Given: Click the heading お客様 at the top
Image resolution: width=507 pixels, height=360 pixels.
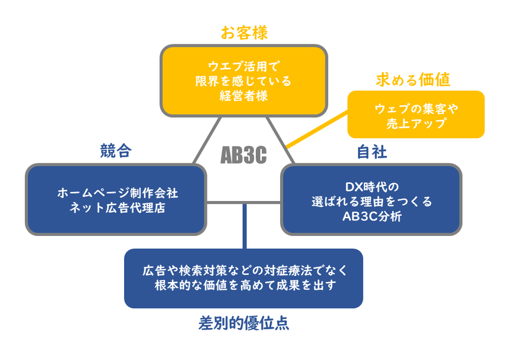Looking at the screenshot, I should [x=244, y=33].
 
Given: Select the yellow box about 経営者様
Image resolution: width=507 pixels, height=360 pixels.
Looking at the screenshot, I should [x=244, y=81].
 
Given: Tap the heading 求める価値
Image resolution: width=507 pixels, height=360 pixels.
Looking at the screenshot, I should [x=413, y=80].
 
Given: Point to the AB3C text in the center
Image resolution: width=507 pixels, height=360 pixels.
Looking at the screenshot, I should [x=243, y=155].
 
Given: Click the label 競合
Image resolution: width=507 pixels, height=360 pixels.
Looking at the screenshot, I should [x=115, y=151].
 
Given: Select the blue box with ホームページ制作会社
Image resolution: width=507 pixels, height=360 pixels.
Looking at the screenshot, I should [x=117, y=200].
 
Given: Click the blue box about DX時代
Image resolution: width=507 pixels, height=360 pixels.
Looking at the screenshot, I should [x=371, y=200].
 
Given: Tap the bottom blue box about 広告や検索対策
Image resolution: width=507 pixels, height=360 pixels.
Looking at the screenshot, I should [x=243, y=278].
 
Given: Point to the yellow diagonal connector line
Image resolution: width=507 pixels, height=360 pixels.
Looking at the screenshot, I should [x=316, y=131].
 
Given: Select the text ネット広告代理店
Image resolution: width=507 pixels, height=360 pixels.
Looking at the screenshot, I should [x=117, y=207].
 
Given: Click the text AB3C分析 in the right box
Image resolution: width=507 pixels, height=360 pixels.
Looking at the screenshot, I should [x=372, y=216].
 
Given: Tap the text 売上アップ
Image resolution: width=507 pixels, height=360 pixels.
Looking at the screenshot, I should [x=416, y=124].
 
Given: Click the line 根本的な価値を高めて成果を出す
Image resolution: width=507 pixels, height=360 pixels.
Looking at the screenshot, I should [x=243, y=286].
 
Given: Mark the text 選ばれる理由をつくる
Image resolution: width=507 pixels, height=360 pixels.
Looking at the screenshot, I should [x=372, y=202].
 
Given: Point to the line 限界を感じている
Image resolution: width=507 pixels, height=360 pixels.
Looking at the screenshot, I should [x=244, y=80].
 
